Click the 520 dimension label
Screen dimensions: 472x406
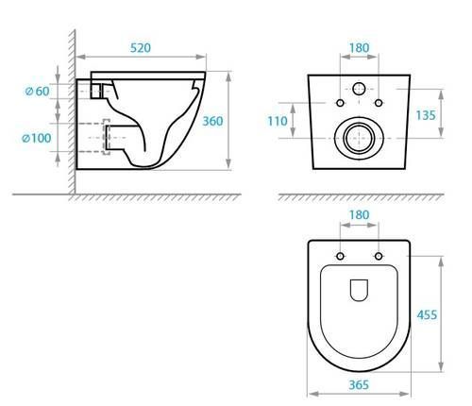coord(141,48)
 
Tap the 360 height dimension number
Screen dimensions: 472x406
coord(212,121)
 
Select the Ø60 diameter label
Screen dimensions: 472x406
coord(37,92)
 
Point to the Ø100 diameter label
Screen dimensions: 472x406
coord(36,138)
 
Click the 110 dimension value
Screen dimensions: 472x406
coord(278,121)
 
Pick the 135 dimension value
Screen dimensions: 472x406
coord(426,115)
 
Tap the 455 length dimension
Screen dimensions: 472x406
coord(427,314)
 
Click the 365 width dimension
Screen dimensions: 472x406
coord(359,384)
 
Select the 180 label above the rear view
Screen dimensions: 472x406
coord(359,48)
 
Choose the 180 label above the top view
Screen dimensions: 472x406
coord(359,215)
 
